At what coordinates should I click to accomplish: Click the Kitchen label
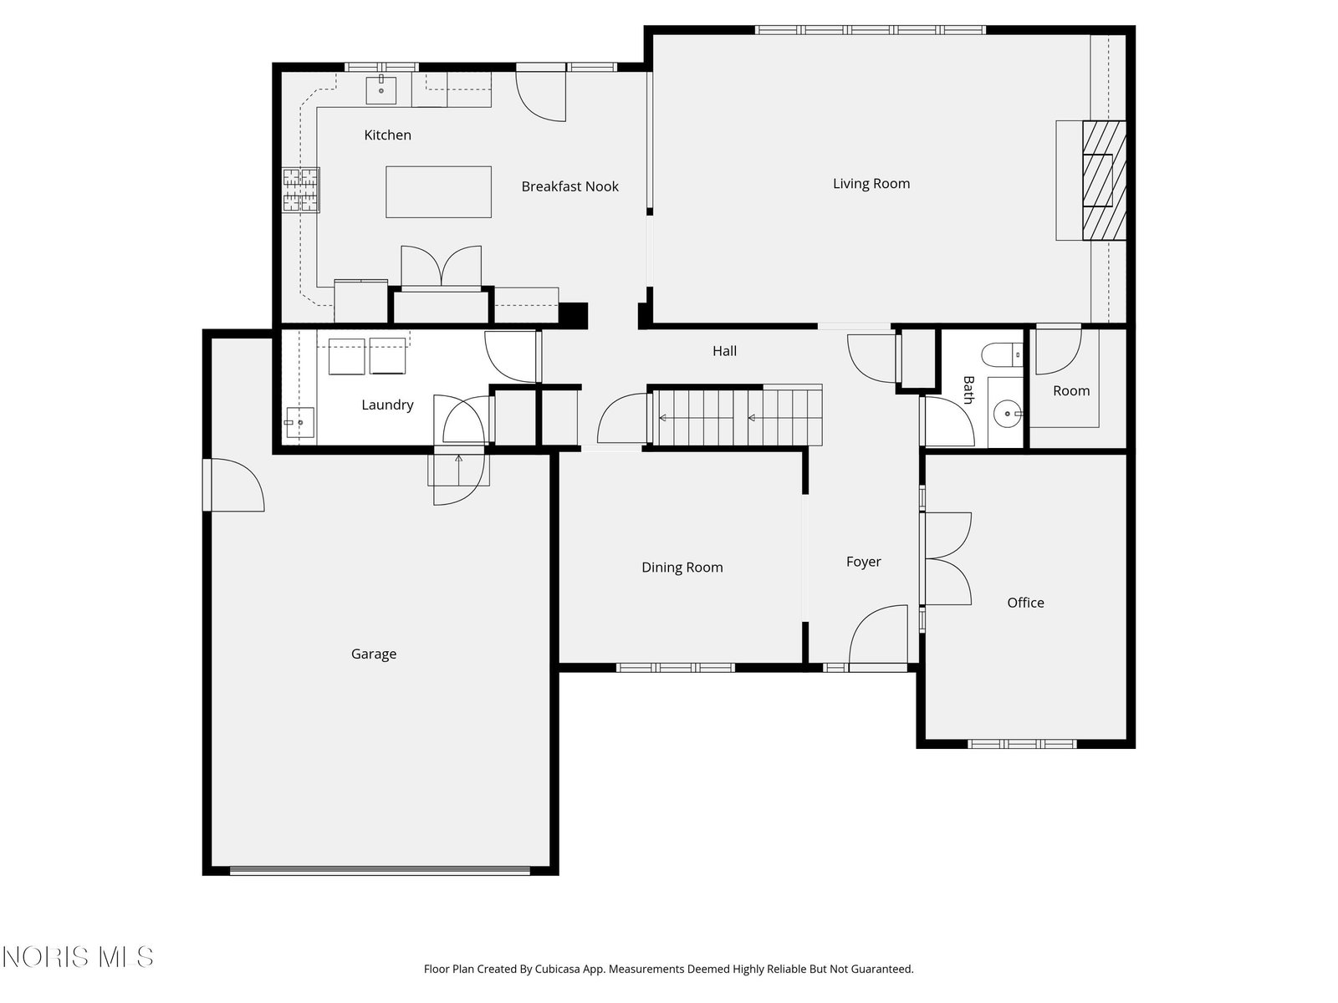(x=387, y=135)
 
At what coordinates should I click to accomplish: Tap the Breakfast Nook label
(x=569, y=186)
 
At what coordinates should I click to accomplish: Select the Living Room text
(x=871, y=183)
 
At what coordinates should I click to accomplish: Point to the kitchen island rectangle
(x=438, y=192)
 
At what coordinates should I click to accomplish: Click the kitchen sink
(x=381, y=90)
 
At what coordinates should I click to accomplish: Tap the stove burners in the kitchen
(x=301, y=190)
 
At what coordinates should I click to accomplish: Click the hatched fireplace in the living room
(x=1104, y=181)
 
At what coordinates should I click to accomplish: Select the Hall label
(x=724, y=351)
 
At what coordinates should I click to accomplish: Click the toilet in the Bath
(x=1002, y=354)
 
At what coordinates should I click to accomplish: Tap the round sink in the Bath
(x=1007, y=414)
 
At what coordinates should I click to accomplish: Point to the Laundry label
(x=387, y=405)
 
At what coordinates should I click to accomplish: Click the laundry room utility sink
(x=300, y=422)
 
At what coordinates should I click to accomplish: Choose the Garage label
(x=374, y=654)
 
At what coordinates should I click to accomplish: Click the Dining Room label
(x=682, y=567)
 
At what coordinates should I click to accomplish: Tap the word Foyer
(x=863, y=562)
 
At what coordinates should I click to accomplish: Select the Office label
(x=1025, y=603)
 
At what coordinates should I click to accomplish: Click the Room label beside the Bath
(x=1071, y=391)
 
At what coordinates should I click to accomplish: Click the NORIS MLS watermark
(x=78, y=957)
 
